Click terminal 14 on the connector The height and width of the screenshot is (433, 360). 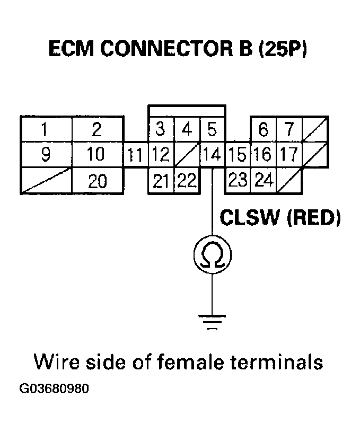click(x=213, y=155)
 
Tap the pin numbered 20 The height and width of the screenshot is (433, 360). click(x=97, y=181)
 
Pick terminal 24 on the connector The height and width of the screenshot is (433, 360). click(x=263, y=181)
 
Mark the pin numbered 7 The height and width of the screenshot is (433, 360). click(x=288, y=129)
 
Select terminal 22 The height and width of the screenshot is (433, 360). click(x=186, y=181)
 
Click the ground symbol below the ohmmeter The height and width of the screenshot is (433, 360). click(x=212, y=321)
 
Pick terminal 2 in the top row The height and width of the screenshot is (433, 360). click(x=97, y=129)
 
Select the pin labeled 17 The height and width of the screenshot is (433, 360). click(x=288, y=155)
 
